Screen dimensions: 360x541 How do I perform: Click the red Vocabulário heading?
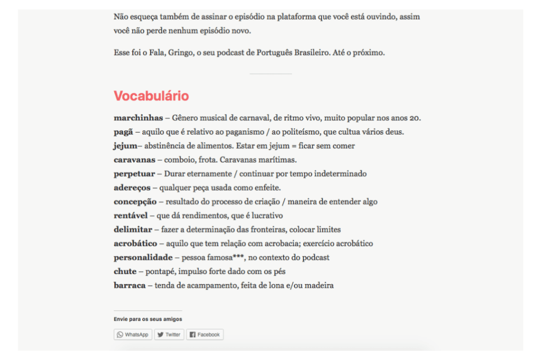(x=151, y=96)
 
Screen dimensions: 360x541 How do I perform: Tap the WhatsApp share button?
(x=133, y=335)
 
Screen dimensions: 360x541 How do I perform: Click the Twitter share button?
(x=169, y=335)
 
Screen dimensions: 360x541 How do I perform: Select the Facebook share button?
(x=205, y=335)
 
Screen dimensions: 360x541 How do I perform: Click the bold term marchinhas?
(x=138, y=118)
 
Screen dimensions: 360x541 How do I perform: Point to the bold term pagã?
(x=123, y=132)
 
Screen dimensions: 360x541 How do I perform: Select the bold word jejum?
(x=125, y=146)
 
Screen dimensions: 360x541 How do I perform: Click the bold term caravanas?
(x=134, y=159)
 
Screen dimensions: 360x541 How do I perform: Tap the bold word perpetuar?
(x=134, y=174)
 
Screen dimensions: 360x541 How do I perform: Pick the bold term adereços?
(x=132, y=187)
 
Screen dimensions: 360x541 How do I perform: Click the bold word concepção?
(x=135, y=202)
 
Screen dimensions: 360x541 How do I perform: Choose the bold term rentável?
(x=131, y=215)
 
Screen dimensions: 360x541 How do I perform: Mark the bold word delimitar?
(x=133, y=230)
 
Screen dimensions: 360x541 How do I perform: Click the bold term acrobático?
(x=135, y=243)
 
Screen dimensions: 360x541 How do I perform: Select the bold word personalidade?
(x=143, y=258)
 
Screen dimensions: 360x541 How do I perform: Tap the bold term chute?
(x=125, y=271)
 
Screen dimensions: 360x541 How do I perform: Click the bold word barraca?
(x=130, y=286)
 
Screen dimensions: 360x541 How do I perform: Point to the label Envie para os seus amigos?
(x=148, y=319)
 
